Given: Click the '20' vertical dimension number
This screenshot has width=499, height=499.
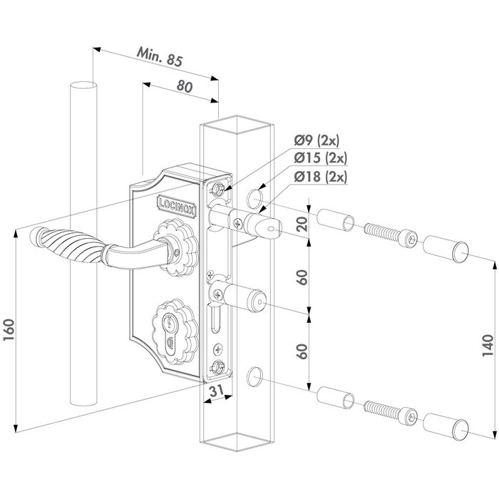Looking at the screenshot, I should (x=302, y=226).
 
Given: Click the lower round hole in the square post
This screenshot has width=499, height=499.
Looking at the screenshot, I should (x=254, y=375).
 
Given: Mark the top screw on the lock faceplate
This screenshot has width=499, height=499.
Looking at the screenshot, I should (x=217, y=188).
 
